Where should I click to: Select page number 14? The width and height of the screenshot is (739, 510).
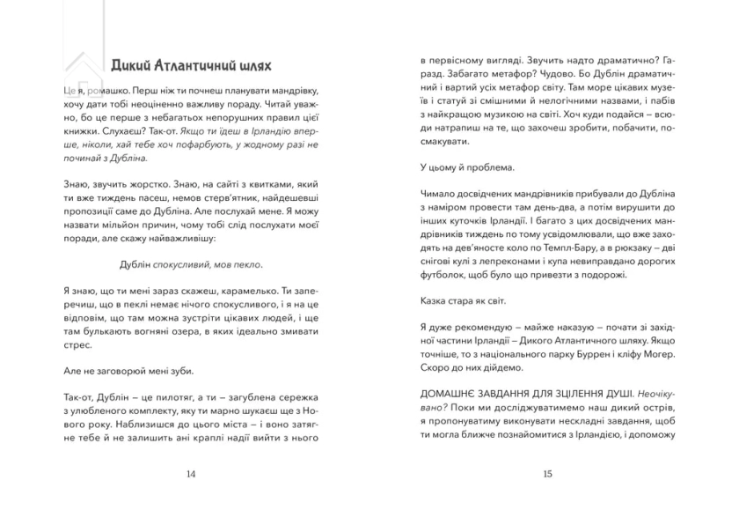[192, 474]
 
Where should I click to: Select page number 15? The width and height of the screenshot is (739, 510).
[547, 474]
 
